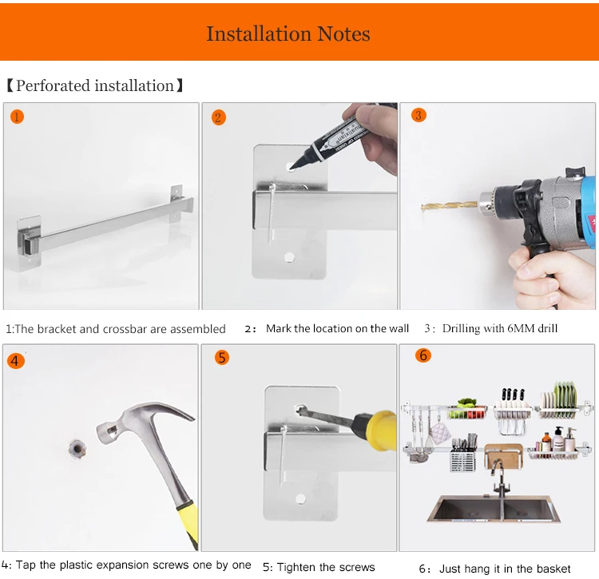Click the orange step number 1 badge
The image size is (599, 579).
click(x=17, y=117)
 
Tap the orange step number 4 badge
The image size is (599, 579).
click(x=16, y=360)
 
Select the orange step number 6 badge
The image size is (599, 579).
click(x=423, y=355)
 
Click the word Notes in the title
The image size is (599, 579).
click(x=343, y=34)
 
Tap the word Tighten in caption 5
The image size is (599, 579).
click(x=296, y=567)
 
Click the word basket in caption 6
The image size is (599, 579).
click(x=553, y=569)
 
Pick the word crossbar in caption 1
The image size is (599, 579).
click(x=125, y=329)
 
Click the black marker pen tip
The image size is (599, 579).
click(x=292, y=167)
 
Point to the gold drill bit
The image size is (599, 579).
click(x=450, y=206)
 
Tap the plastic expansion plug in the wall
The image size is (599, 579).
click(x=77, y=449)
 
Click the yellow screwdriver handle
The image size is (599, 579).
click(x=376, y=430)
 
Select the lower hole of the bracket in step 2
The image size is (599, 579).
click(x=289, y=257)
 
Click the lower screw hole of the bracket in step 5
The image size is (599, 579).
click(x=300, y=499)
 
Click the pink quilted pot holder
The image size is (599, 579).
click(x=440, y=434)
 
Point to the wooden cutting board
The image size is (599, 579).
click(x=503, y=455)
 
